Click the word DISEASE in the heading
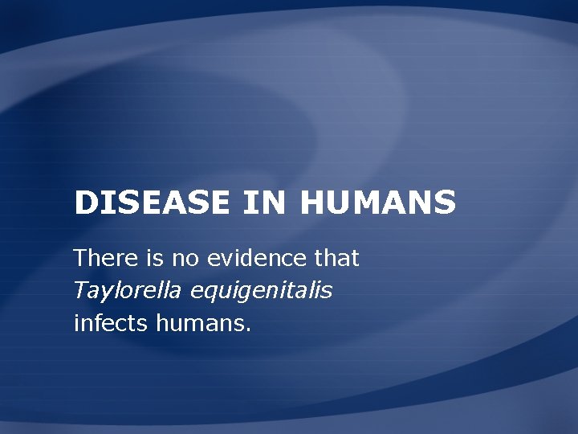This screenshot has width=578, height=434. coord(153,203)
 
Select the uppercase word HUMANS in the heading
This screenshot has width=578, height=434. coord(377,203)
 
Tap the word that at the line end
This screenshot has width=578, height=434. coord(336,259)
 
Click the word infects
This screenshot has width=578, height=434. coord(100,323)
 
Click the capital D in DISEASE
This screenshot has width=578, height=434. coord(83,203)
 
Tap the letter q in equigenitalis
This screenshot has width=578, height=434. coord(208,294)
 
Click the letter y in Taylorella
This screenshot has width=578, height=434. coord(100,294)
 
